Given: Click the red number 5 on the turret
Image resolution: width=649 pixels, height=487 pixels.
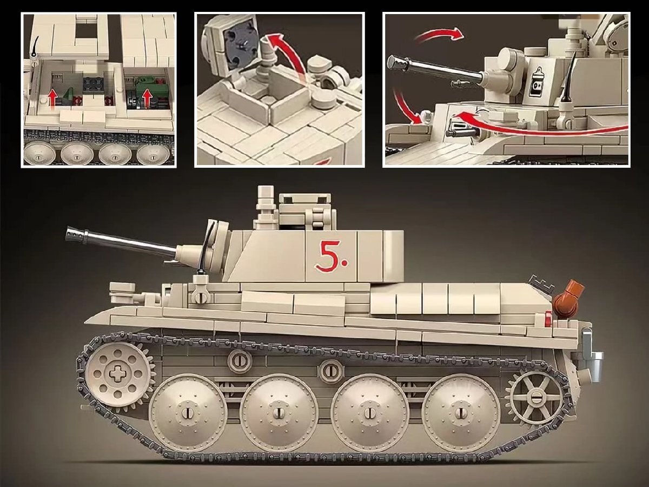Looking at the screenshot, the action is (x=327, y=256).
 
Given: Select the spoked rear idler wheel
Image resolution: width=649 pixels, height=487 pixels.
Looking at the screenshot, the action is (x=536, y=395).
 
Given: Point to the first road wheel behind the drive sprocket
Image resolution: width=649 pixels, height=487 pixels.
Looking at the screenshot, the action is (x=188, y=412).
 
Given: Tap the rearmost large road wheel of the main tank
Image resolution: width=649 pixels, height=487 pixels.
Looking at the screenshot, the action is (x=461, y=412).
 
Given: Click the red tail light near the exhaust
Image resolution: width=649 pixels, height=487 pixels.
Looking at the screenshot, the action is (x=548, y=319).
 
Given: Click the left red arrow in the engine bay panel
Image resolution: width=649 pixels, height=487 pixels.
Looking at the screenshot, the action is (x=52, y=100).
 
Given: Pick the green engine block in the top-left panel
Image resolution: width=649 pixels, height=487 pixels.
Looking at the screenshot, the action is (x=147, y=85).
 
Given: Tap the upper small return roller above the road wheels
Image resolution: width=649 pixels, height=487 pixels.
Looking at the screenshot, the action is (x=239, y=359).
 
